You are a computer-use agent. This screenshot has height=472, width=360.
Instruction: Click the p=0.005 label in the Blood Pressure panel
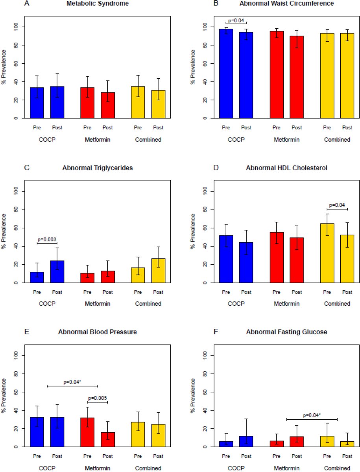(x=97, y=398)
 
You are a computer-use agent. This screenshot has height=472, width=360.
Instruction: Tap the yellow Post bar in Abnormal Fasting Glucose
(x=347, y=444)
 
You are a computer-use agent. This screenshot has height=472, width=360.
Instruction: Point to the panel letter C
(x=26, y=168)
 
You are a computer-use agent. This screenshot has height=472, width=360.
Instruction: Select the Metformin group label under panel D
(x=287, y=304)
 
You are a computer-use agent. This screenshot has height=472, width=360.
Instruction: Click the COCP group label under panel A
(x=47, y=139)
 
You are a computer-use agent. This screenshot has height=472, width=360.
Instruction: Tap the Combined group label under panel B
(x=337, y=139)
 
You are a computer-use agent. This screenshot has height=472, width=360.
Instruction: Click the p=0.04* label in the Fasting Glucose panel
(x=312, y=415)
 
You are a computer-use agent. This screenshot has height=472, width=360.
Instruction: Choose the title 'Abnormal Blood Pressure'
(x=98, y=332)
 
